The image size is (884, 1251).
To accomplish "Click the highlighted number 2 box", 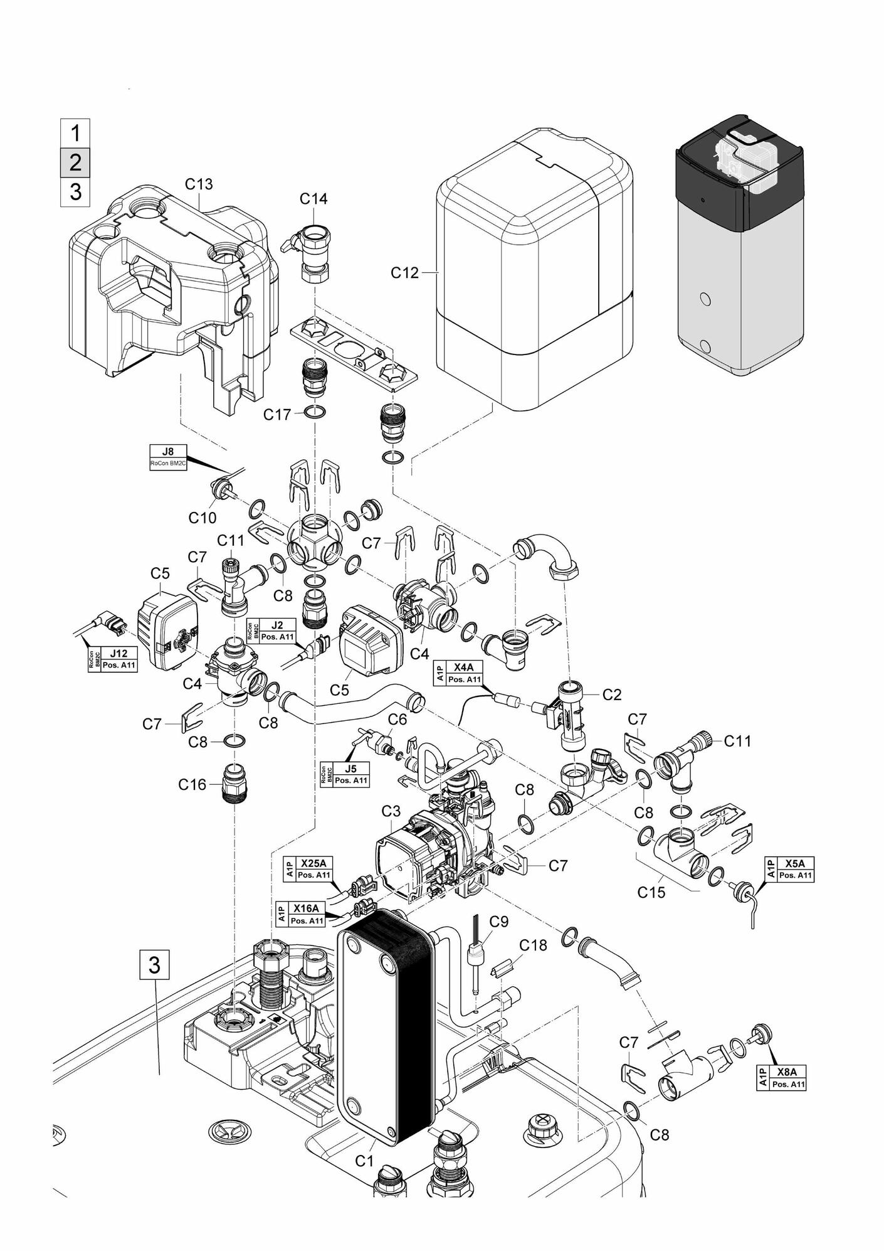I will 75,162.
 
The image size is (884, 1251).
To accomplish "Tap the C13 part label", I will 199,184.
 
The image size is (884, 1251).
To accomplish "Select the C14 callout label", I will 313,199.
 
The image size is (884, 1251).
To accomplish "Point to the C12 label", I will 404,273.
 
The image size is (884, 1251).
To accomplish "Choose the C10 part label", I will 203,518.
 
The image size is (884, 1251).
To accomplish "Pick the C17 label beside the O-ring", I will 277,415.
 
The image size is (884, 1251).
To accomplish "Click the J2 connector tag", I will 270,631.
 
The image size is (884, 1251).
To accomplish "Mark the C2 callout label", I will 611,695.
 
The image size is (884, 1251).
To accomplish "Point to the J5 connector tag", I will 344,774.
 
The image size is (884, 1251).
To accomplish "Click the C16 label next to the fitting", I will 192,784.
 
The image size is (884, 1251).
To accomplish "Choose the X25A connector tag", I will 308,868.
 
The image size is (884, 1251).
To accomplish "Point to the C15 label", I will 651,892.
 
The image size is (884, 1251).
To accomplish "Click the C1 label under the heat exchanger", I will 364,1161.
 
